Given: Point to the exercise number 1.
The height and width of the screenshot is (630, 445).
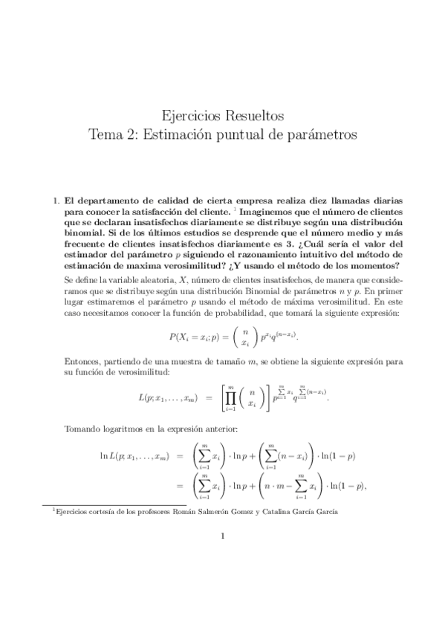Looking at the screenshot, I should (54, 201).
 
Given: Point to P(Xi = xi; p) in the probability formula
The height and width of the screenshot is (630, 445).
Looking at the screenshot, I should (198, 337).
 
